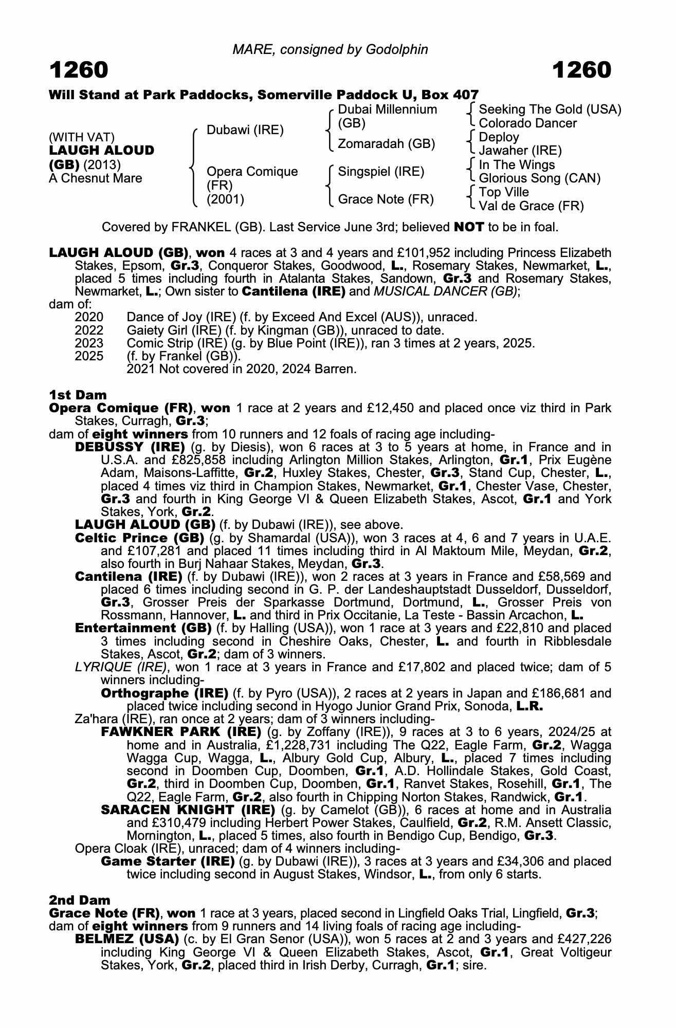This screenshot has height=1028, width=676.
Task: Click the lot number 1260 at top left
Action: pos(79,70)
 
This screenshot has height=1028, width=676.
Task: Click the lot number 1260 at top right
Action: pos(581,70)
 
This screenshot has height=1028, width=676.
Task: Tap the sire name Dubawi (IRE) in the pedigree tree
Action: pos(245,130)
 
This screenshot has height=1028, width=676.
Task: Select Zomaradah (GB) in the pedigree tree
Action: pos(386,144)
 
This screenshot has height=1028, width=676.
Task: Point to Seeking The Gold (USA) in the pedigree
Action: pos(550,109)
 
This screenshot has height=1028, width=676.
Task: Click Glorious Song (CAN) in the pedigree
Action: pos(539,178)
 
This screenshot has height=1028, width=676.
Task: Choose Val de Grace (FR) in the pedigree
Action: pos(531,206)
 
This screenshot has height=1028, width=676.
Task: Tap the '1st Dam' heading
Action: pos(78,395)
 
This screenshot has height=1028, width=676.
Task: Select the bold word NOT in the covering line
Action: pos(468,227)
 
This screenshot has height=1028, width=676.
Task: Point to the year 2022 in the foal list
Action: pos(89,331)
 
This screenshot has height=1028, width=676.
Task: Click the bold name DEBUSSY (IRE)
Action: pos(130,447)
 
